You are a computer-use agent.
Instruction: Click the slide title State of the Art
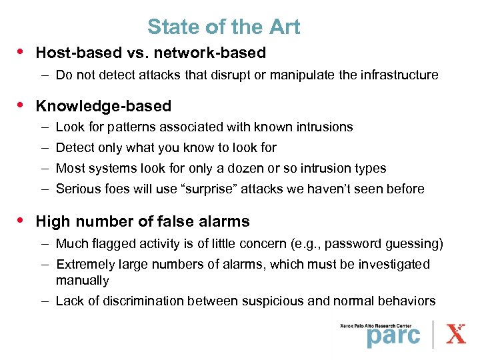coord(223,27)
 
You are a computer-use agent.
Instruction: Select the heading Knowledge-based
coord(103,106)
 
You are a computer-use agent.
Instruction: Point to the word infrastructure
coord(398,75)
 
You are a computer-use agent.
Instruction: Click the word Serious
coord(77,189)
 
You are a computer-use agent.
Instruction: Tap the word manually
coord(82,280)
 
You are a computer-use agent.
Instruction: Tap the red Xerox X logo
coord(456,333)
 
